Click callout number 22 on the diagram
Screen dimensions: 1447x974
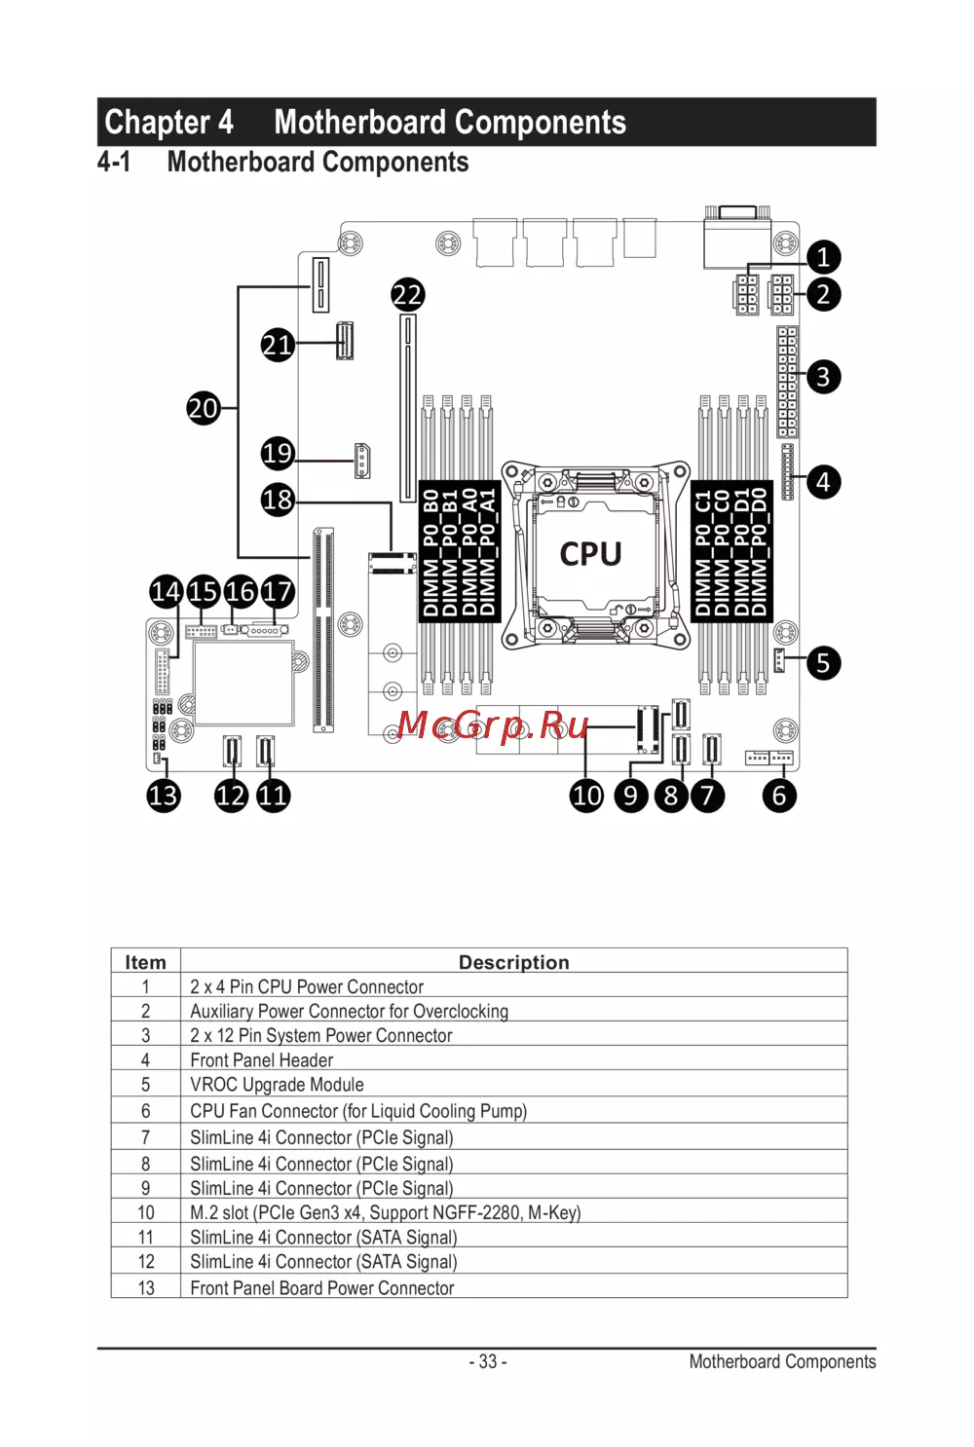407,295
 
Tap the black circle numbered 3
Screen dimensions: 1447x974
823,377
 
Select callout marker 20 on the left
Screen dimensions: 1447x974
203,408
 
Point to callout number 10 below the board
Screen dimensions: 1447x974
586,796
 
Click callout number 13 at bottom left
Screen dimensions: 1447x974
164,796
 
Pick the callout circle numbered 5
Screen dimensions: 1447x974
823,663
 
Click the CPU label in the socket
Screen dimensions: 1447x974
590,554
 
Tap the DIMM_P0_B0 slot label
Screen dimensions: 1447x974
430,552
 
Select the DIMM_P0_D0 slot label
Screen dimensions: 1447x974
760,552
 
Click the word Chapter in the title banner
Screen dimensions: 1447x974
157,123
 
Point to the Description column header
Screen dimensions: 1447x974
513,962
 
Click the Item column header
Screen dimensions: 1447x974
145,962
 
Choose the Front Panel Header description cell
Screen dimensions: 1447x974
261,1060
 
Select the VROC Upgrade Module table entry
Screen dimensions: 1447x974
277,1085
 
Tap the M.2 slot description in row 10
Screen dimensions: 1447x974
385,1212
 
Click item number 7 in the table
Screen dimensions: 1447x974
145,1137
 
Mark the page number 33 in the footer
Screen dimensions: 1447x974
487,1361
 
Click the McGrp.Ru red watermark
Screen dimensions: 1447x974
493,725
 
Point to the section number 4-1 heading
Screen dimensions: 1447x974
114,162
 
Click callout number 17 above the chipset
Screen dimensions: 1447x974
278,591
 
